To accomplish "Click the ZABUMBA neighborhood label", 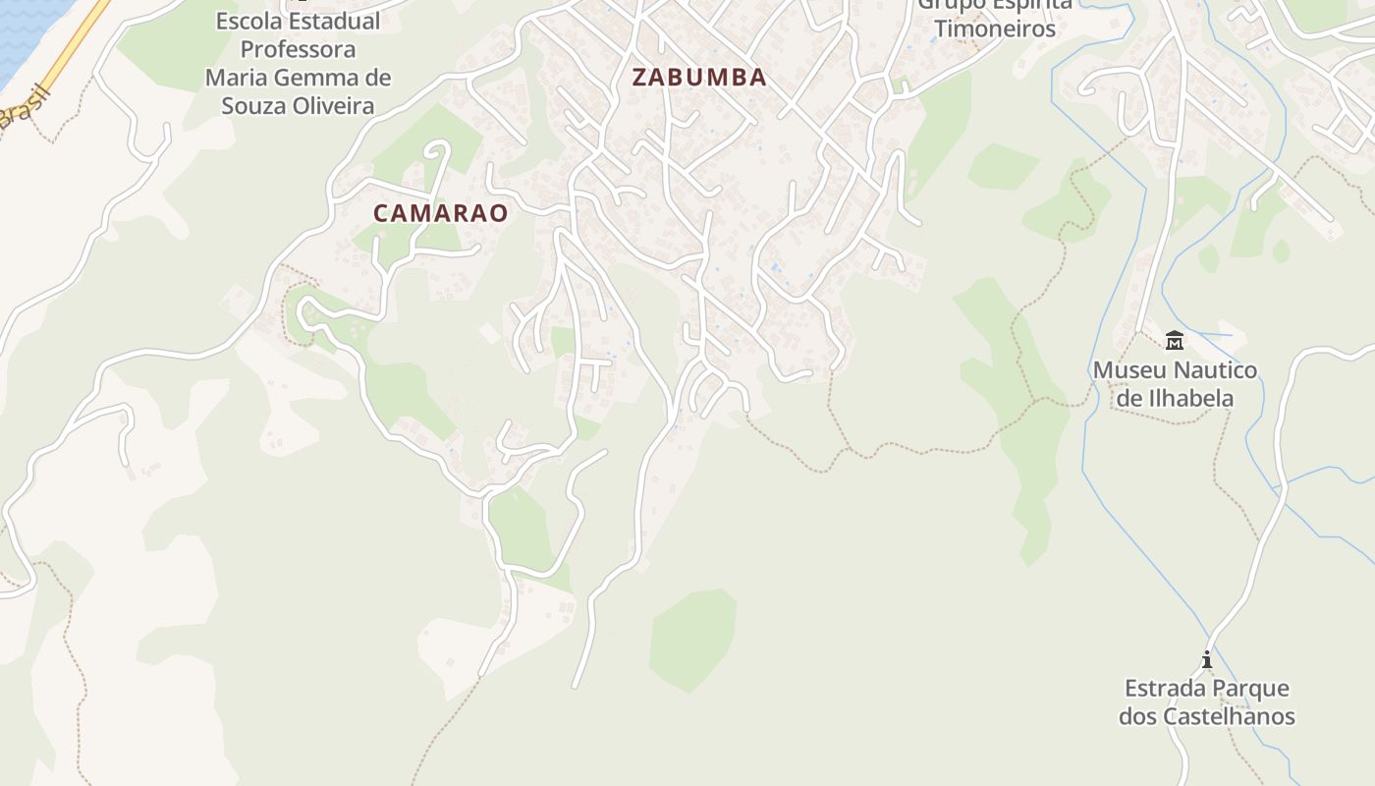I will [x=699, y=78].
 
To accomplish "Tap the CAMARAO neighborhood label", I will [x=441, y=212].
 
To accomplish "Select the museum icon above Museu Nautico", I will [x=1174, y=341].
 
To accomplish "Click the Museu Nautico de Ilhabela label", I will [x=1175, y=384].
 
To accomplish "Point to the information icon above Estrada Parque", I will [x=1207, y=659].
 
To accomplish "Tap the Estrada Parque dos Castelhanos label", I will [x=1206, y=702].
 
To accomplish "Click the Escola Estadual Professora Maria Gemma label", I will [x=298, y=63].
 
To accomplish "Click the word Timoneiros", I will [x=995, y=28].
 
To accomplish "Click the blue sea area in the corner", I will [x=25, y=29].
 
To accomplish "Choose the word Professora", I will [x=298, y=49].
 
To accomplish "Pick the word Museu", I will [x=1127, y=370].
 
